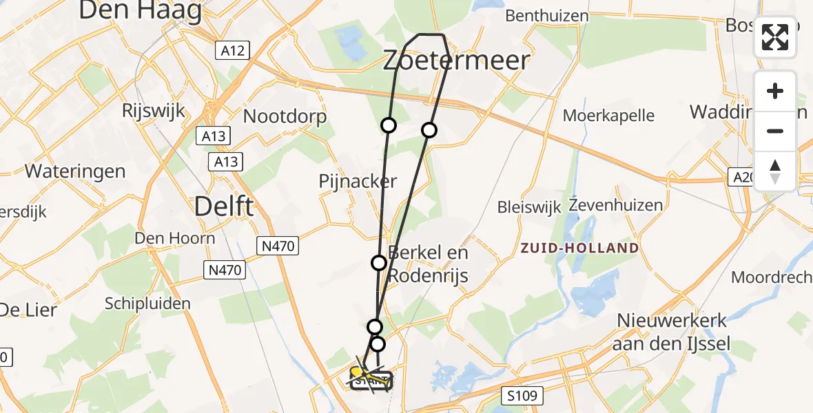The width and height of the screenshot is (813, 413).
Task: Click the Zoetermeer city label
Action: [456, 61]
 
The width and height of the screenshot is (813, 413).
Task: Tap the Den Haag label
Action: [140, 10]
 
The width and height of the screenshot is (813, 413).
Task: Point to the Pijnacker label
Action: [358, 182]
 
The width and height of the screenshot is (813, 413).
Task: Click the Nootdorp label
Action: [285, 117]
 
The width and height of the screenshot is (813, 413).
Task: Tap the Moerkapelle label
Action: [608, 115]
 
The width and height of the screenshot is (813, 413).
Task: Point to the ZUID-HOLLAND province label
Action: [579, 248]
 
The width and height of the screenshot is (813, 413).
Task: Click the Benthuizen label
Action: [547, 16]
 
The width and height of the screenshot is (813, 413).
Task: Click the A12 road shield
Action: [231, 50]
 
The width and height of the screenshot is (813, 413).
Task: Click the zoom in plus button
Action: [775, 92]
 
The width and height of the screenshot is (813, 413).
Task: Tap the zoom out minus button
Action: [775, 131]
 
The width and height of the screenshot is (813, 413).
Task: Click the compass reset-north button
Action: [775, 171]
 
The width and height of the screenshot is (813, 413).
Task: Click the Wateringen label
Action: [75, 171]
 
